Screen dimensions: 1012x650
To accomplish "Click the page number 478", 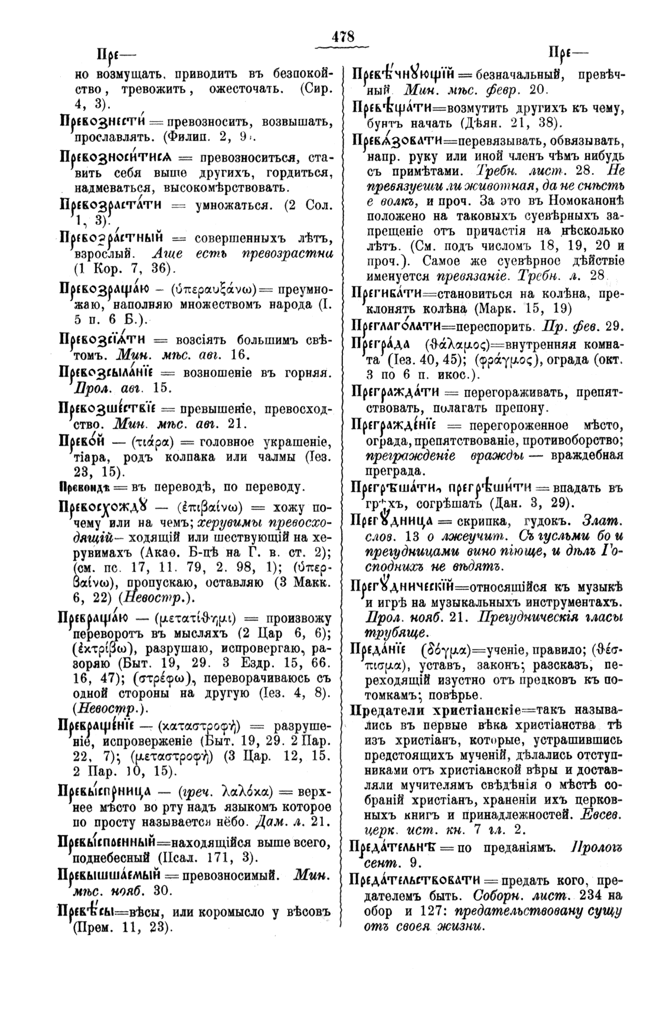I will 342,36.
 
